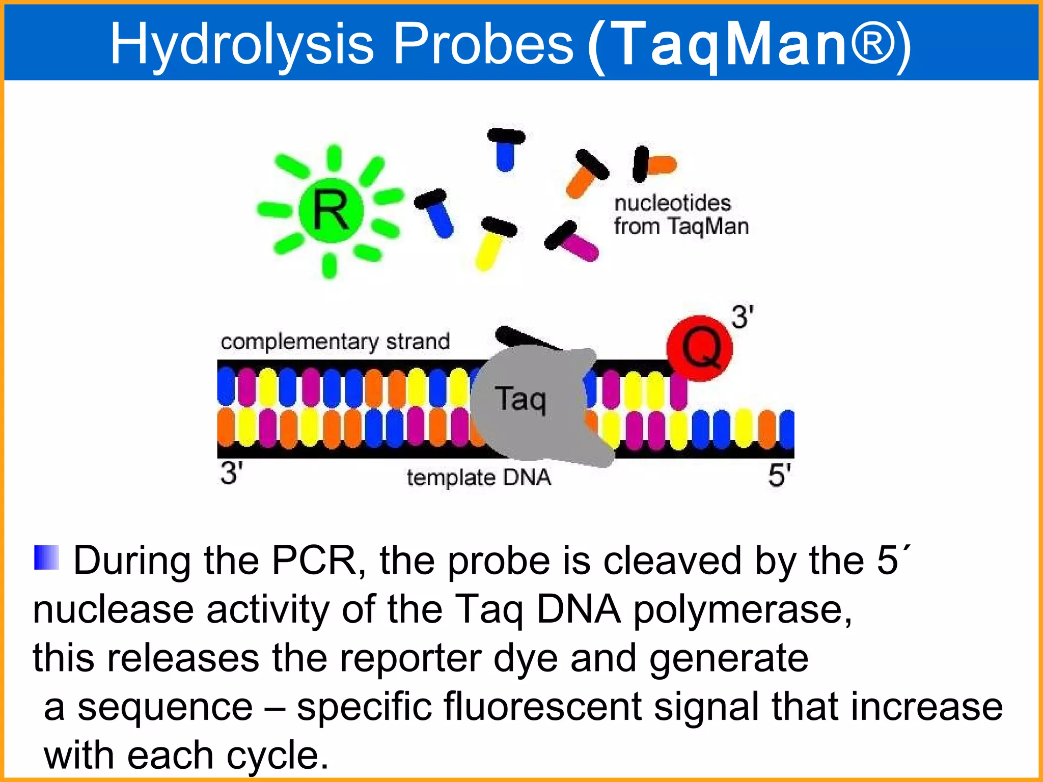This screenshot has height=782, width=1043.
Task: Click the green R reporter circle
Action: (331, 210)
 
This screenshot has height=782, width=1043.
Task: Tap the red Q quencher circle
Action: (699, 348)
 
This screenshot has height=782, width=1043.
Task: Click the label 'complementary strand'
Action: (335, 342)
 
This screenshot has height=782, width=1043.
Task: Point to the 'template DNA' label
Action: (479, 478)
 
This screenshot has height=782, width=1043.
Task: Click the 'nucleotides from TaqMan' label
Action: (680, 215)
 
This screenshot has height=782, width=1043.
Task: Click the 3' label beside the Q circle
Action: (742, 317)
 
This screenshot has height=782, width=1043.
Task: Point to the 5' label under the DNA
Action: (779, 476)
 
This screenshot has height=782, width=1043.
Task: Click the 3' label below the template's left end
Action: (231, 472)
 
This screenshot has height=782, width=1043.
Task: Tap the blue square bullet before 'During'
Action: (46, 557)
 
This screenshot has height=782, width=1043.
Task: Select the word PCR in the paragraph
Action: (314, 561)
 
